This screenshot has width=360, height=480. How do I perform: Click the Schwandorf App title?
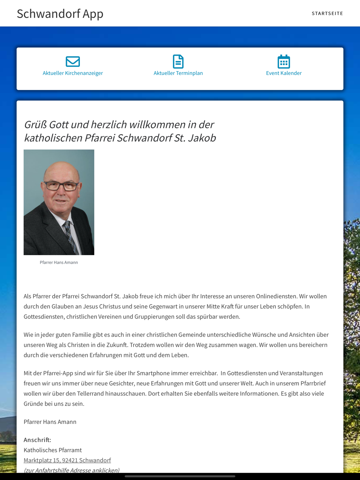point(60,14)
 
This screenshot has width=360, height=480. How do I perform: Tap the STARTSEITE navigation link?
point(327,13)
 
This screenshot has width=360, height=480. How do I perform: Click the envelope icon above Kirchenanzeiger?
point(73,62)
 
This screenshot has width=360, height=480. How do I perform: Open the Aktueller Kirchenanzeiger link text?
point(73,73)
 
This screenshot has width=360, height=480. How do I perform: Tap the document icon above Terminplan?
point(178,62)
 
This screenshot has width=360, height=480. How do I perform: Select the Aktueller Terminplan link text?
point(178,73)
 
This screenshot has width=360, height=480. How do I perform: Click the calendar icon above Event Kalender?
point(284,62)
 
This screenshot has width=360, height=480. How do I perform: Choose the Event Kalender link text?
point(284,73)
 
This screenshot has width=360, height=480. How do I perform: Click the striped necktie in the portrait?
point(70,236)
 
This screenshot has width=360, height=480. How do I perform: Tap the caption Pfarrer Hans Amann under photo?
point(59,262)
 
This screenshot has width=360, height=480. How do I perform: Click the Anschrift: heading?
point(37,440)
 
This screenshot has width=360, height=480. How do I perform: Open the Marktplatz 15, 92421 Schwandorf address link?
point(67,460)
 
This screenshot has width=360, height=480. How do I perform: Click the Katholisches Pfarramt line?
point(53,450)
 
